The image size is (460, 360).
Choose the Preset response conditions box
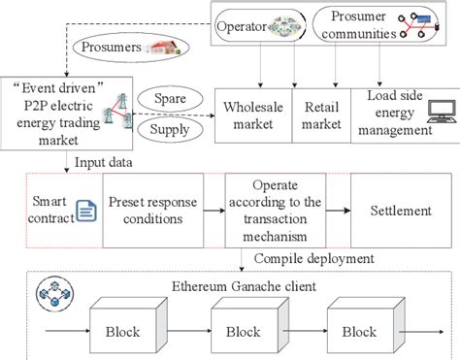pyautogui.click(x=160, y=211)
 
